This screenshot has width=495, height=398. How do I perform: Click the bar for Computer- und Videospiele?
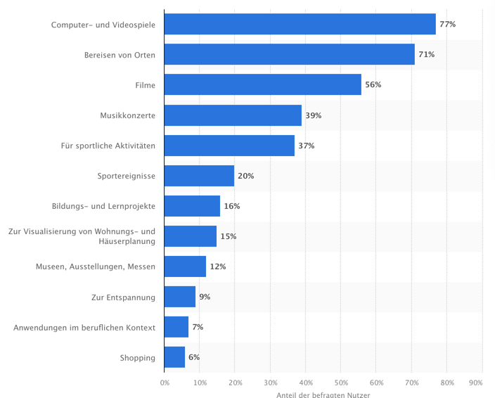tap(300, 24)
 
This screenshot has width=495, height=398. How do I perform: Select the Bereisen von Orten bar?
tap(289, 54)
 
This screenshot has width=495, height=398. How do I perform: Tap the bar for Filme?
tap(262, 84)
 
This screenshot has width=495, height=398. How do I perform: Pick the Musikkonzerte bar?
tap(233, 115)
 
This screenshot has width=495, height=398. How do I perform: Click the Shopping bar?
tap(174, 357)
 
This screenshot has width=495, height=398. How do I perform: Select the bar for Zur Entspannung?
tap(180, 297)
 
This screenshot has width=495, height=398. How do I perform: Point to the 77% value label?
tap(447, 24)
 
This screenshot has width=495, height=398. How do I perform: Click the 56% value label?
tap(373, 84)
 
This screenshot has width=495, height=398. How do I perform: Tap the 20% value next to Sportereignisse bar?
tap(245, 176)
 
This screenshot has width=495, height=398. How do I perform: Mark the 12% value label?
tap(217, 267)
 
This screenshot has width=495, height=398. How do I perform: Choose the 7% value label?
tap(198, 327)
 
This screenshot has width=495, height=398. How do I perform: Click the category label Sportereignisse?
tap(127, 176)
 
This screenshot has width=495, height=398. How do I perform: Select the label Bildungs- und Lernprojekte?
tap(104, 206)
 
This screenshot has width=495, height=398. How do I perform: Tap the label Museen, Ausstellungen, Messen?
tap(96, 267)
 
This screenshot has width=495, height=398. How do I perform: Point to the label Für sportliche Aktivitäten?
tap(108, 146)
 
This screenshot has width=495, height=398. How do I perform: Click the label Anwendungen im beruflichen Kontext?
tap(84, 327)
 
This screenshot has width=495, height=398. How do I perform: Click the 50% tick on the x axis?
tap(341, 383)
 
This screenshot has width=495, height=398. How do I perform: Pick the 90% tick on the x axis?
tap(475, 383)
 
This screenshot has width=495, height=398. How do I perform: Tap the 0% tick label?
tap(165, 383)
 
